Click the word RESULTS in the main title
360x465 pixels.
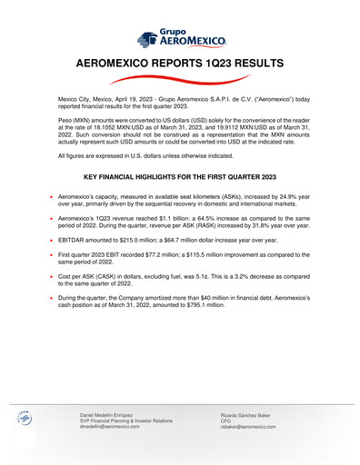point(252,64)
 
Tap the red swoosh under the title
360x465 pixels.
point(179,82)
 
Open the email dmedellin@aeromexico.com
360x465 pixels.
point(110,426)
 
